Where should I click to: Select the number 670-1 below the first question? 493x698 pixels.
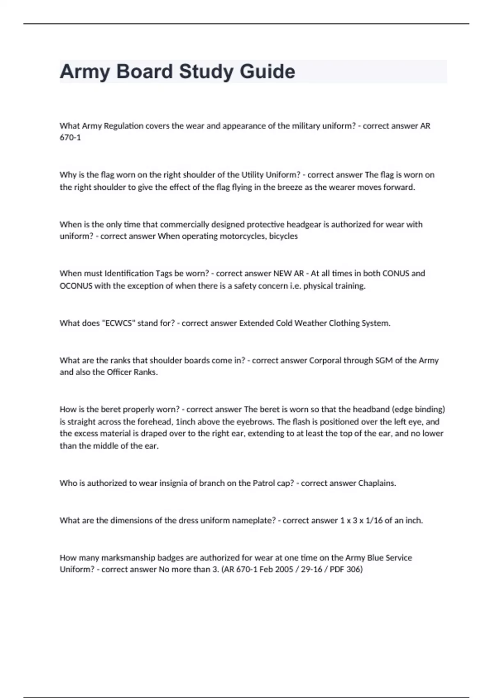pos(70,138)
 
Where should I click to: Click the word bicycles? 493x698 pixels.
pos(283,236)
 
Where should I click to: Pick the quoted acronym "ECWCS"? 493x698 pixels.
pos(119,323)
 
